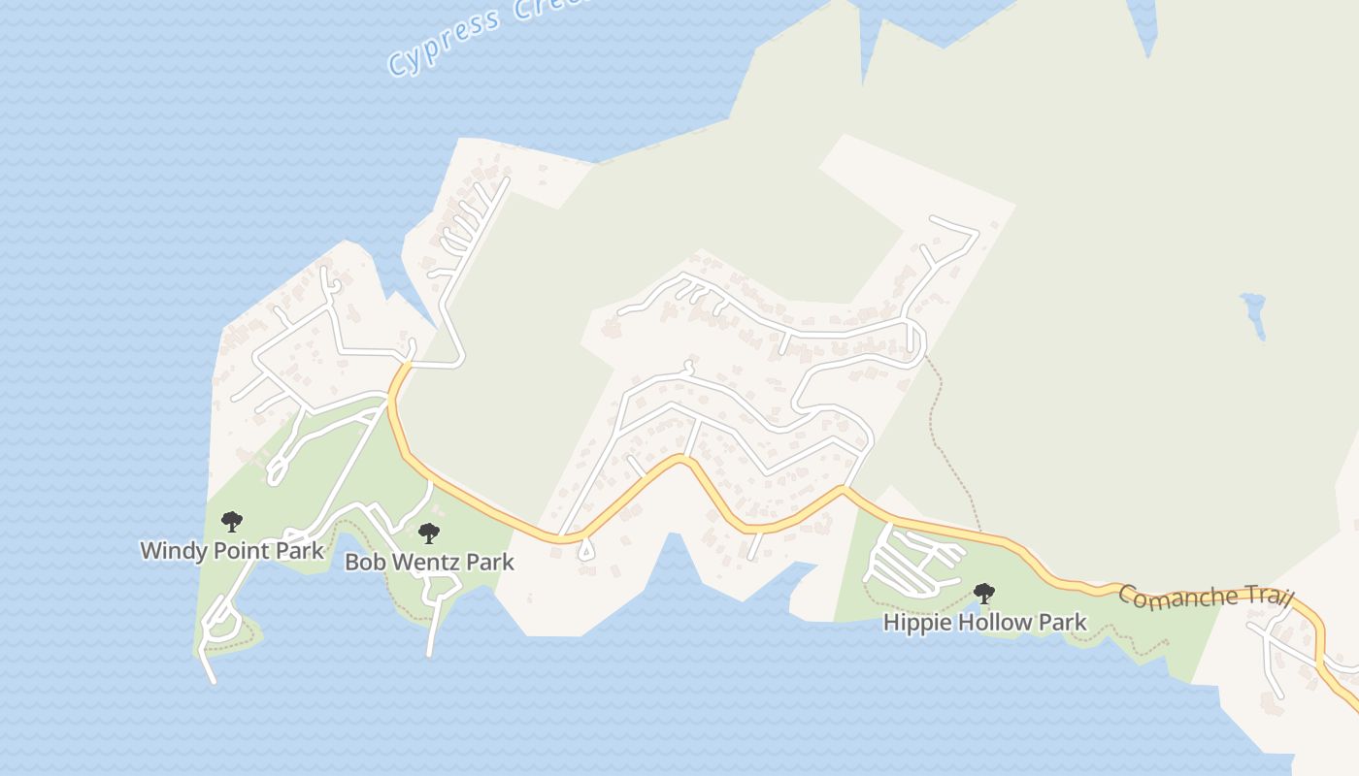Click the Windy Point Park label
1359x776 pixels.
coord(232,551)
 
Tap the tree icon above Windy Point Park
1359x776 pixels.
coord(231,522)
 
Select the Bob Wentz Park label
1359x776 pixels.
coord(429,563)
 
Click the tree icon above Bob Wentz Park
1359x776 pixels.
coord(428,533)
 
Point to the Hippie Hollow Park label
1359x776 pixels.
coord(984,623)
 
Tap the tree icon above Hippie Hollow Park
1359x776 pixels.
coord(983,593)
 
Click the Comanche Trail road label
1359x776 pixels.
coord(1206,596)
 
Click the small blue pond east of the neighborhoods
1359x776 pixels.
coord(1253,313)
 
